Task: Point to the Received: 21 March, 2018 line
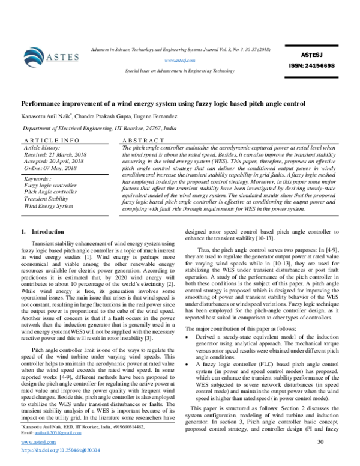(x=55, y=154)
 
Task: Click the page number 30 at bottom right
(x=320, y=443)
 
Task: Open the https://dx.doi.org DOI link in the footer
(x=60, y=449)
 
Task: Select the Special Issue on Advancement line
(x=180, y=70)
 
